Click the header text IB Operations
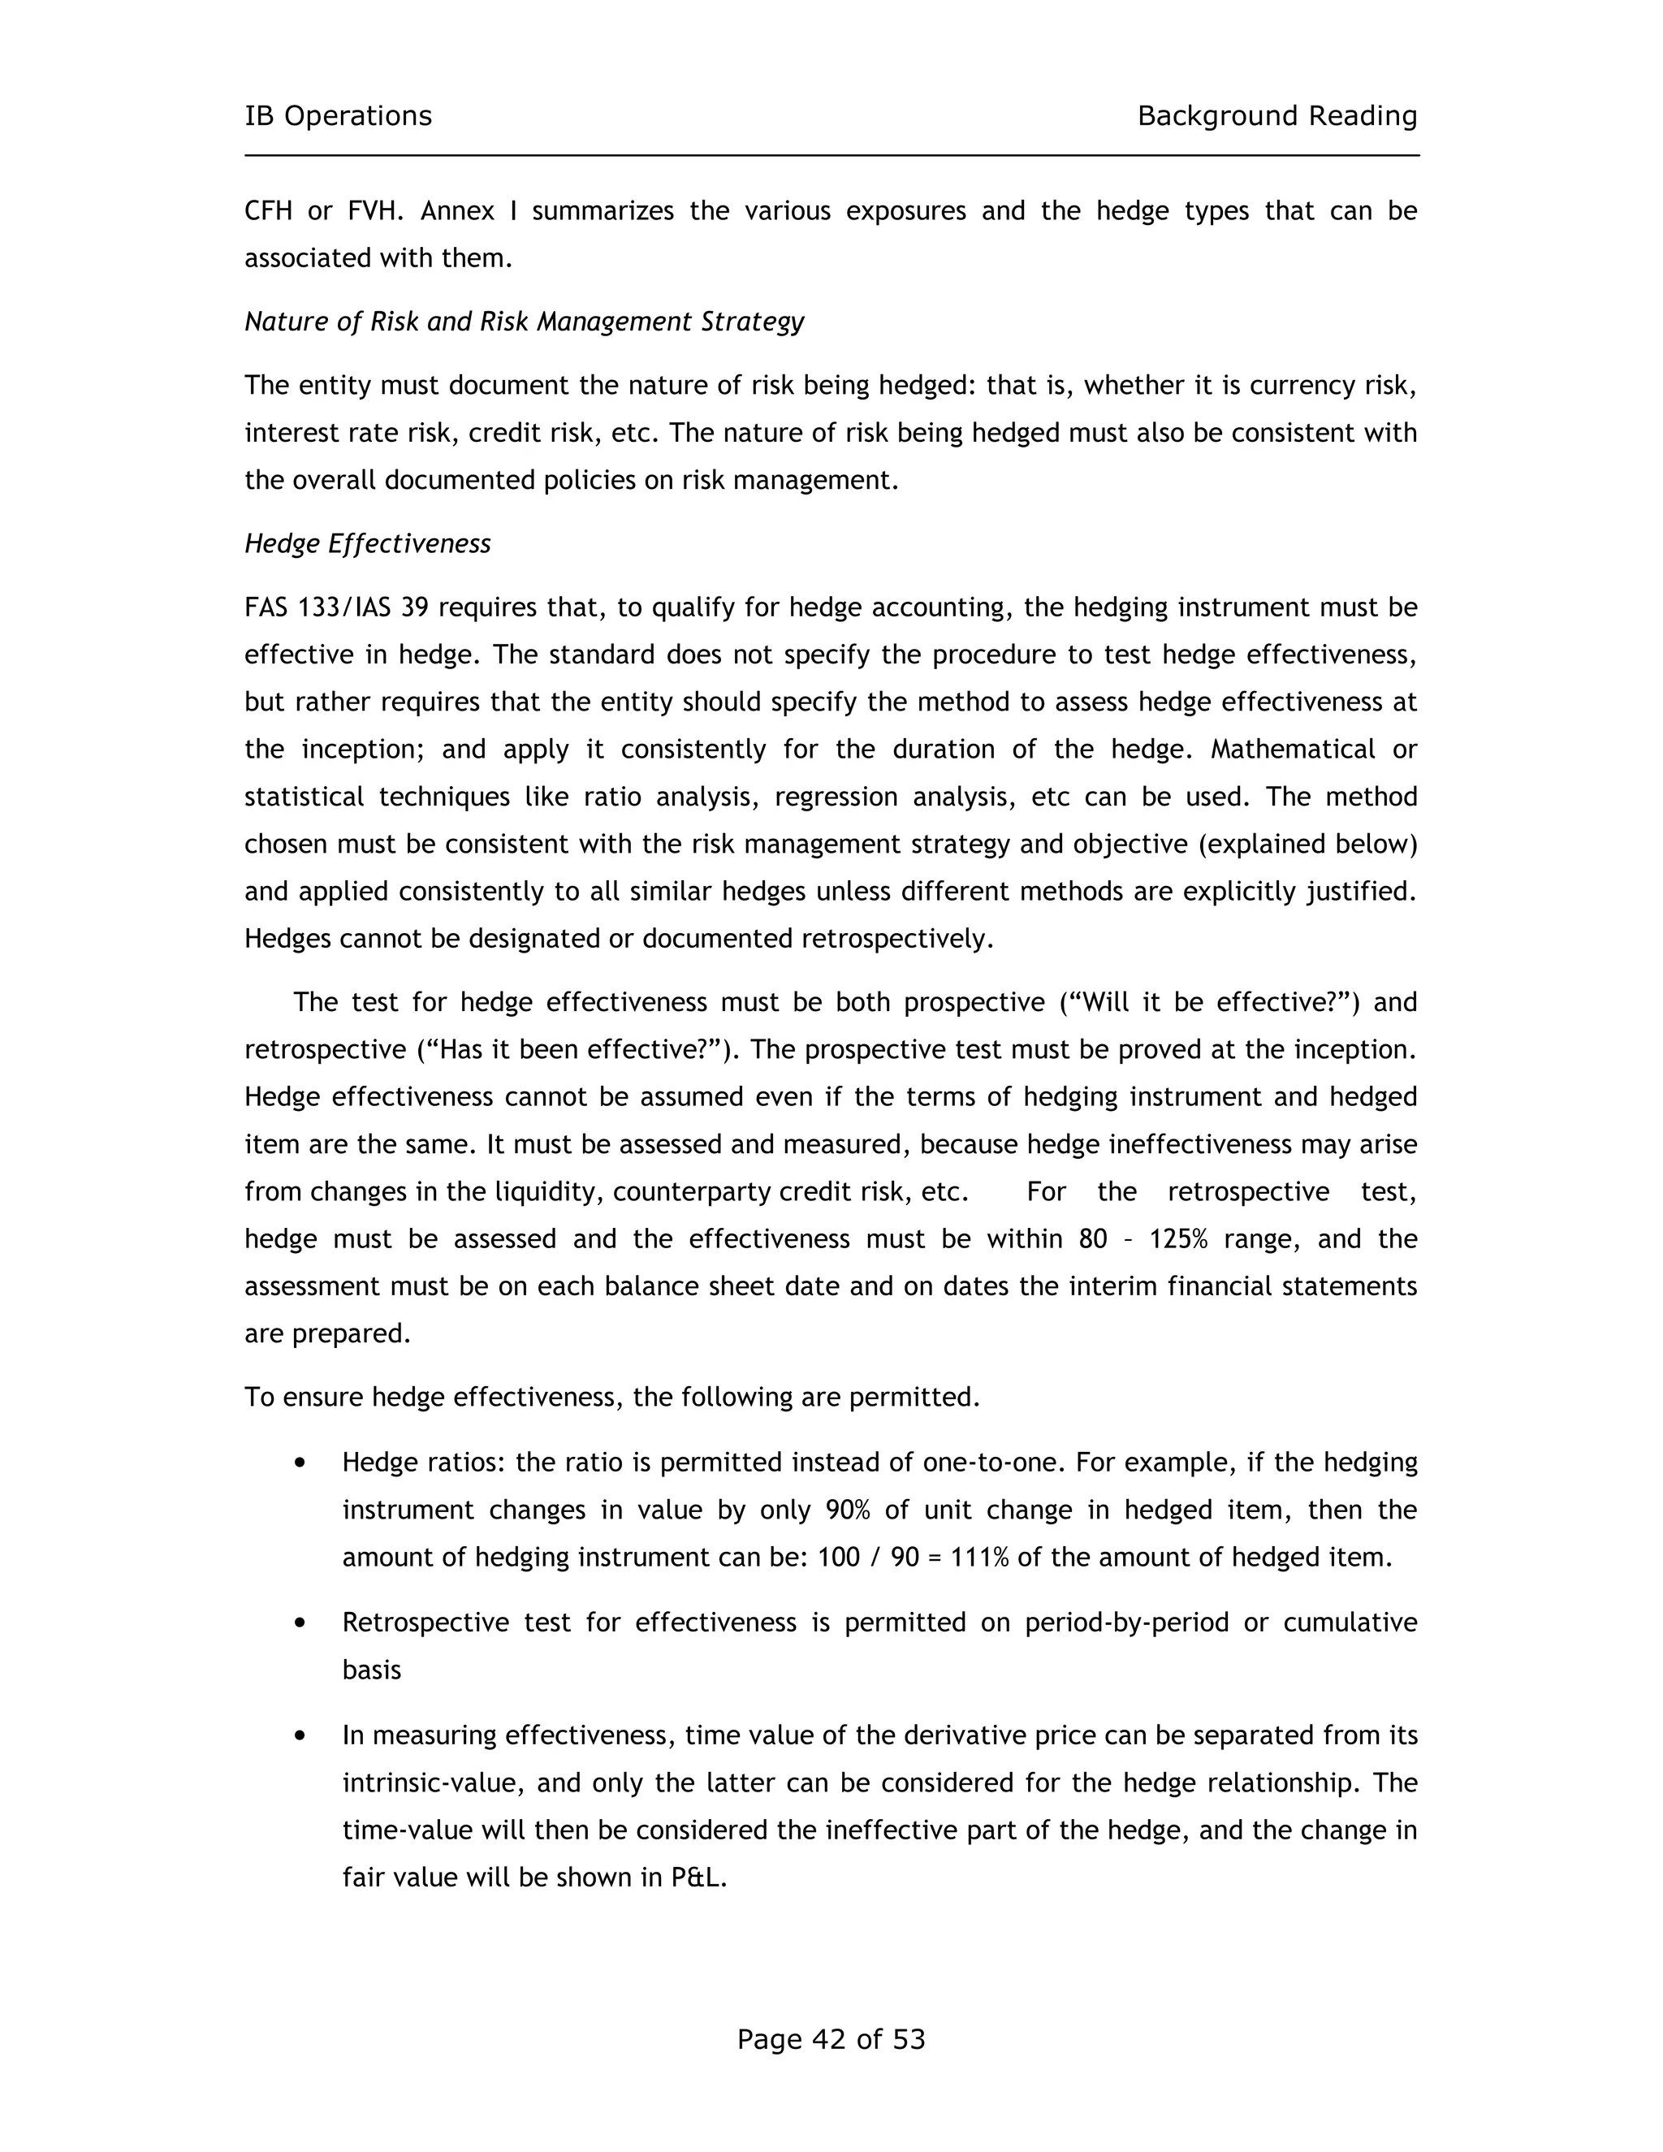click(x=338, y=116)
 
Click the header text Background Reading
click(x=1276, y=116)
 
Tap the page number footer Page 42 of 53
click(x=831, y=2038)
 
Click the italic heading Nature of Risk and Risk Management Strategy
click(x=524, y=322)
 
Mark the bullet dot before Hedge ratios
click(x=300, y=1463)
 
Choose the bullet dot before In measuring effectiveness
click(x=300, y=1736)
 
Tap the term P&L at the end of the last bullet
click(x=698, y=1878)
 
